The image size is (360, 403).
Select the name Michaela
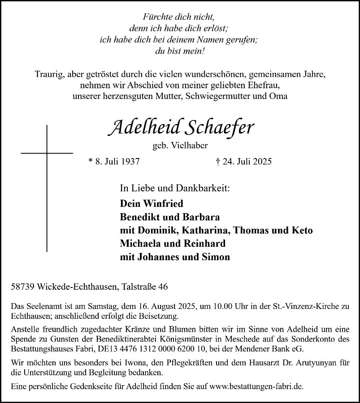tap(140, 244)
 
